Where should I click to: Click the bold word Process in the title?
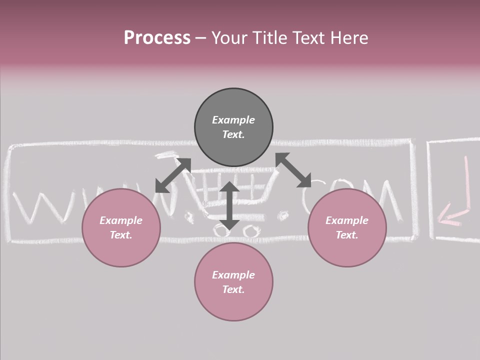click(157, 38)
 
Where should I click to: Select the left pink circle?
click(121, 227)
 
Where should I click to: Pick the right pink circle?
click(347, 227)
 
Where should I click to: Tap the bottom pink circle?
click(233, 282)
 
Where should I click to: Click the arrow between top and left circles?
click(173, 175)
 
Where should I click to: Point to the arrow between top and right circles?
click(293, 170)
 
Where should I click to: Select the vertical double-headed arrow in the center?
click(229, 205)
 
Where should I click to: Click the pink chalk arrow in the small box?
click(456, 200)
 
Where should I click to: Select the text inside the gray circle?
click(233, 127)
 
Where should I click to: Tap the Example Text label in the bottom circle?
click(233, 282)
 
